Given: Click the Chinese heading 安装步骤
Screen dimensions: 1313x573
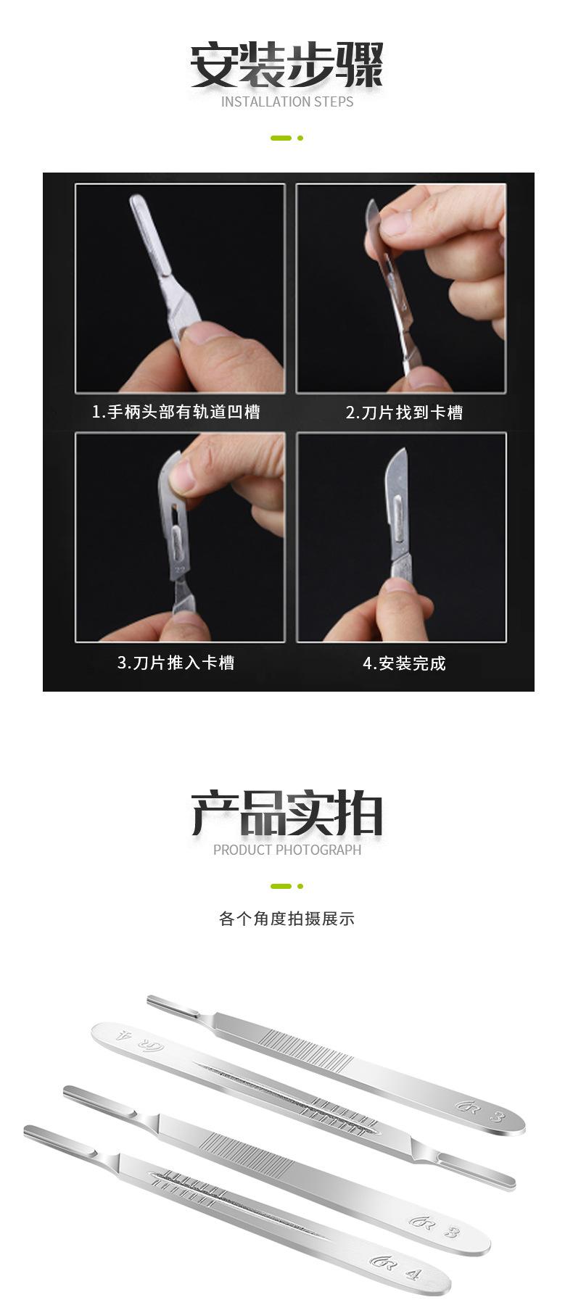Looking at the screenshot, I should (x=286, y=65).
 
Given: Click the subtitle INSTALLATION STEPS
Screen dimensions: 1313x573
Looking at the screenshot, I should (x=286, y=102).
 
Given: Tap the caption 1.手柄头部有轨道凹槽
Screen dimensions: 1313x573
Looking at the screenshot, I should (x=176, y=413).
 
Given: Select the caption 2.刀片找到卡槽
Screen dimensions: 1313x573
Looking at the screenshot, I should (x=404, y=413).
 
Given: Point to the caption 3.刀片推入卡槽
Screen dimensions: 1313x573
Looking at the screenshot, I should (x=176, y=663).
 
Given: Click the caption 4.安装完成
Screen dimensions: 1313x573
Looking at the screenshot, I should (x=404, y=663).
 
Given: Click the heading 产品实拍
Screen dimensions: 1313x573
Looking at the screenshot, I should (x=286, y=813).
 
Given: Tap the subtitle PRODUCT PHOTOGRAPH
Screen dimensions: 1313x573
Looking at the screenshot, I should (x=286, y=850).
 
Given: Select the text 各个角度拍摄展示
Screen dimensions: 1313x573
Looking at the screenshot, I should (x=286, y=919).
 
